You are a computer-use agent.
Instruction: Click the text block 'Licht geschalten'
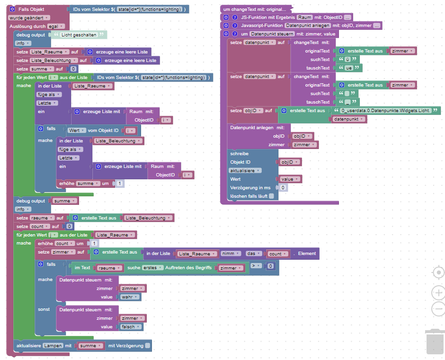tap(79, 35)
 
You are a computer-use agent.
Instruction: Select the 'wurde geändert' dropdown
tap(29, 18)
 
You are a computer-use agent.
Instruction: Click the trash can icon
tap(435, 342)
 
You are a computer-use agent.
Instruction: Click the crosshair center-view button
tap(438, 272)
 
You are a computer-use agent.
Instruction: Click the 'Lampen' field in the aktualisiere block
tap(53, 346)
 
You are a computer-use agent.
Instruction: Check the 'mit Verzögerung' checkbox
tap(148, 346)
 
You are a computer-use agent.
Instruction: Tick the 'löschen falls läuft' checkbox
tap(271, 196)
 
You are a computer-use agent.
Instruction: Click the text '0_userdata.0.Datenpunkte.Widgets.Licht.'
tap(386, 110)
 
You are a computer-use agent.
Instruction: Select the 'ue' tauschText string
tap(348, 68)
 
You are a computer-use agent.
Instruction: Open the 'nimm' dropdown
tap(231, 254)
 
